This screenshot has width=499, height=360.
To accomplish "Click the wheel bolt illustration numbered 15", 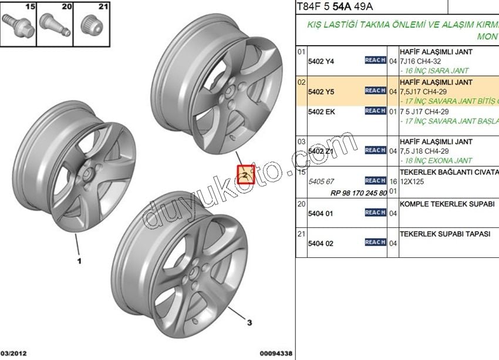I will pyautogui.click(x=18, y=25).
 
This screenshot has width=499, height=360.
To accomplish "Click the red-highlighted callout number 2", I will pyautogui.click(x=245, y=174).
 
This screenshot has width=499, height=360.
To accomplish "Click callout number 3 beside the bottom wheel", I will pyautogui.click(x=249, y=322).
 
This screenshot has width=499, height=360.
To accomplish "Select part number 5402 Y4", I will pyautogui.click(x=321, y=61).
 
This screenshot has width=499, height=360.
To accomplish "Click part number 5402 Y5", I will pyautogui.click(x=321, y=92).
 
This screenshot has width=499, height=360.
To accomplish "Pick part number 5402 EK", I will pyautogui.click(x=321, y=112).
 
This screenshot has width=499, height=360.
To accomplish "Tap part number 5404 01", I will pyautogui.click(x=321, y=214).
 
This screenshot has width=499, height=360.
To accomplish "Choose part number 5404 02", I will pyautogui.click(x=321, y=243).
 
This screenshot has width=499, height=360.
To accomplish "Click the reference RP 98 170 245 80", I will pyautogui.click(x=359, y=193).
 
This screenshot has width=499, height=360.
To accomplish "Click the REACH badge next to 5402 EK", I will pyautogui.click(x=375, y=111).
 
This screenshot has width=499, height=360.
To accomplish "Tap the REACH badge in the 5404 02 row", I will pyautogui.click(x=375, y=243).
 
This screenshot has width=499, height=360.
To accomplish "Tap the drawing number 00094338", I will pyautogui.click(x=275, y=353).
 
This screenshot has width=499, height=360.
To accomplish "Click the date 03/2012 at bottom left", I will pyautogui.click(x=14, y=353).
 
